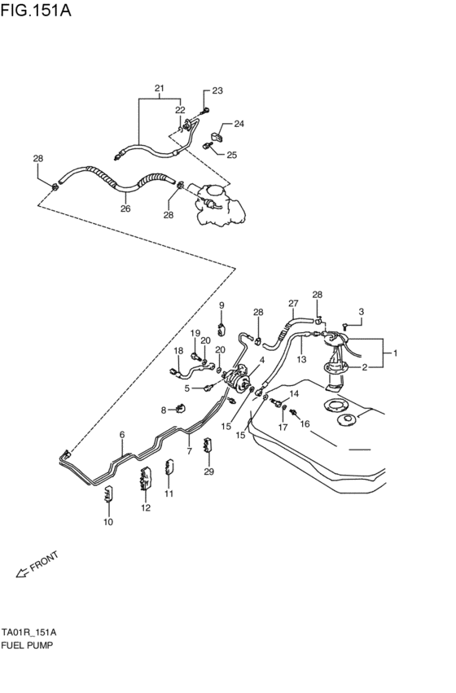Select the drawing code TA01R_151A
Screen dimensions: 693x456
pos(28,631)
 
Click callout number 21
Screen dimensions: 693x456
pos(160,88)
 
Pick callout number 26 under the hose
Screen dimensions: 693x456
pos(125,208)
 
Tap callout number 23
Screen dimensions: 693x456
pos(217,90)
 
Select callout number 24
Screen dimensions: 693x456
pos(239,124)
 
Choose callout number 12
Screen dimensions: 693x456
pos(146,508)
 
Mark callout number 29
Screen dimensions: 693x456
pos(208,472)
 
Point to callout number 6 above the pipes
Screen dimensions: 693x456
pos(122,435)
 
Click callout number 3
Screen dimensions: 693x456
pos(361,311)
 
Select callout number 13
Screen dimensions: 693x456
pos(300,360)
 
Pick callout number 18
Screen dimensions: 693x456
pos(178,350)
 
